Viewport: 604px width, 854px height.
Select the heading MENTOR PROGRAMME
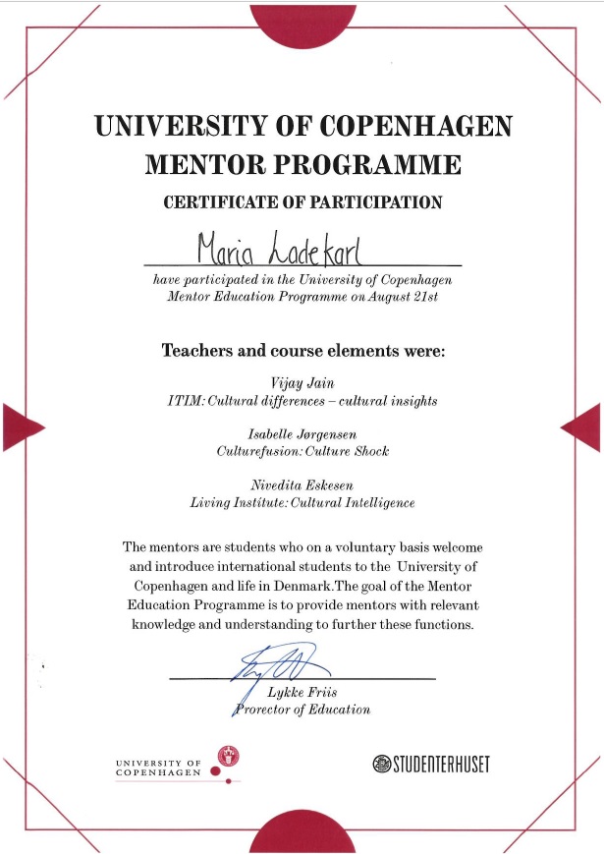[x=302, y=164]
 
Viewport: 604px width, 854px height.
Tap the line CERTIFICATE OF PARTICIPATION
[x=302, y=203]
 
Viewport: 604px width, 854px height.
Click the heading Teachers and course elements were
[x=302, y=350]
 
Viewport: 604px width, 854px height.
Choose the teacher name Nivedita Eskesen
[x=302, y=485]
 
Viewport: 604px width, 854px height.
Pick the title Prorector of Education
[x=302, y=710]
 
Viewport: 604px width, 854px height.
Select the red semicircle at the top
[x=302, y=22]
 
